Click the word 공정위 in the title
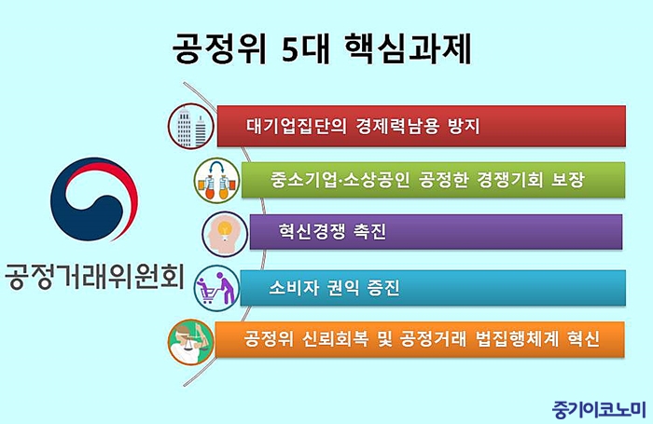coord(219,48)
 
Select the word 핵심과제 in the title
coord(409,48)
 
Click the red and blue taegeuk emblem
coord(94,198)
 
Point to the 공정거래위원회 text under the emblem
coord(94,275)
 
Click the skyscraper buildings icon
coord(191,126)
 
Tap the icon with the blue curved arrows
coord(217,181)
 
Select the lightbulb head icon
coord(225,234)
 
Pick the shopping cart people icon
coord(217,288)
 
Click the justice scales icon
coord(191,342)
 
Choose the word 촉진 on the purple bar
coord(369,231)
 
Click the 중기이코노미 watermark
coord(599,409)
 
